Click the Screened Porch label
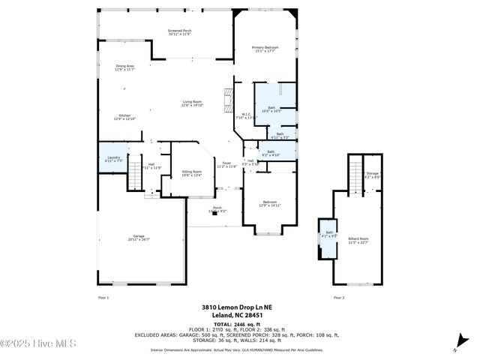(x=180, y=32)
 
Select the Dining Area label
(x=124, y=67)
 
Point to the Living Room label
(x=192, y=103)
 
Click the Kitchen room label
(x=124, y=117)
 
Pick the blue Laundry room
(x=113, y=158)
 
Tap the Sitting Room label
(x=192, y=173)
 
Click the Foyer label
(x=226, y=164)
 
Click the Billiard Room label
(x=358, y=240)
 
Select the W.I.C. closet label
(x=246, y=116)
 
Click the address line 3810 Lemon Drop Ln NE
(x=239, y=307)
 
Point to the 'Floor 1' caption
(x=103, y=298)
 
